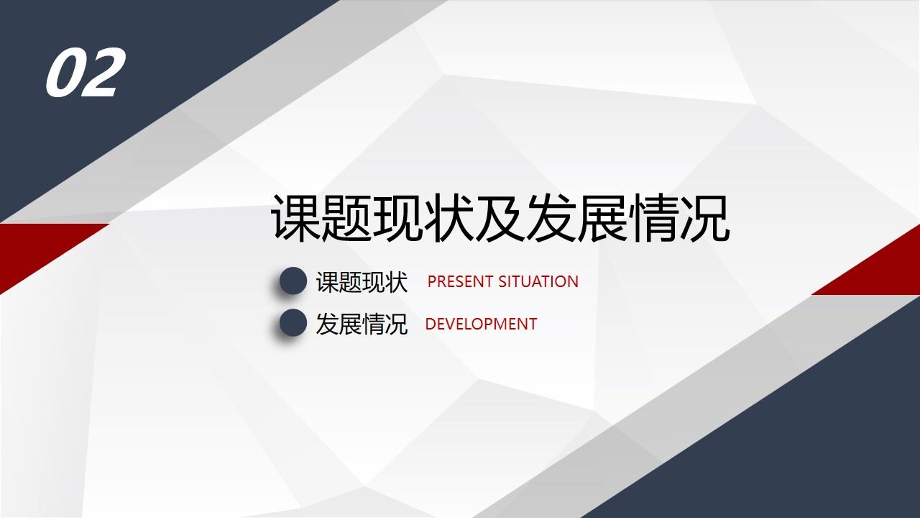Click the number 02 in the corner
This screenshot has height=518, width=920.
coord(84,73)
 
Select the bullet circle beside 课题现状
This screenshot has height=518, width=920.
coord(293,281)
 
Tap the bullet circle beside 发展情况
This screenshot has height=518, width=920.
coord(293,323)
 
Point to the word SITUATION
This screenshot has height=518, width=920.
coord(538,281)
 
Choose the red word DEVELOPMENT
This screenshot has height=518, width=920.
coord(481,324)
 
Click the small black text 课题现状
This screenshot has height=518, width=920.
coord(362,282)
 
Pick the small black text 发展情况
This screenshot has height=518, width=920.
coord(362,324)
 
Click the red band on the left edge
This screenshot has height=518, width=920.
coord(36,248)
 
